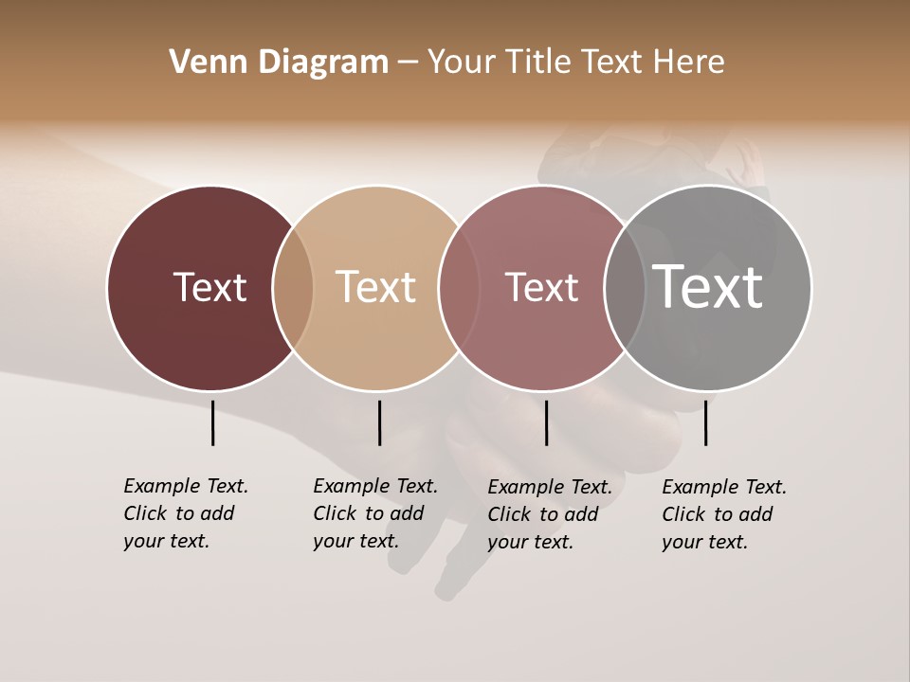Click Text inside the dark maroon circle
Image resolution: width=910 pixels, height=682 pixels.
pos(209,287)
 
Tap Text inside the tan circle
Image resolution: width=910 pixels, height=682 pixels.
pos(376,287)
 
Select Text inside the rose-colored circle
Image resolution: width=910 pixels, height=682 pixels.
pos(541,287)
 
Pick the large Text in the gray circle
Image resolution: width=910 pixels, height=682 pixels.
pos(707,287)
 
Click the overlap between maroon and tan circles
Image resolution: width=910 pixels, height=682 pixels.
pos(293,288)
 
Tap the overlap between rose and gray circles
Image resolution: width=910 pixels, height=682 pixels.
pos(625,288)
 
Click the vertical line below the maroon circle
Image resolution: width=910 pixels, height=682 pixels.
pos(213,422)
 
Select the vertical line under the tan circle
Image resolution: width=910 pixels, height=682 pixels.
pos(379,422)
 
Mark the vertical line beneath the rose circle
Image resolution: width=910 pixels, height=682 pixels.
pos(546,422)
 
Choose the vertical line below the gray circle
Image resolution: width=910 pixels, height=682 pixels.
pos(705,422)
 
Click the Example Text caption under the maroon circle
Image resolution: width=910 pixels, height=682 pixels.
pos(185,513)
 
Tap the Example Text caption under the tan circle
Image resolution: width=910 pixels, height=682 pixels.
pos(374,513)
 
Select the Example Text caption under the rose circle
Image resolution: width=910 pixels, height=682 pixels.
pos(549,514)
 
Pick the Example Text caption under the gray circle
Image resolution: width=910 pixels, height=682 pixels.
pos(723,514)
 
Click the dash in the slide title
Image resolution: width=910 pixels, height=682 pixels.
pos(408,63)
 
